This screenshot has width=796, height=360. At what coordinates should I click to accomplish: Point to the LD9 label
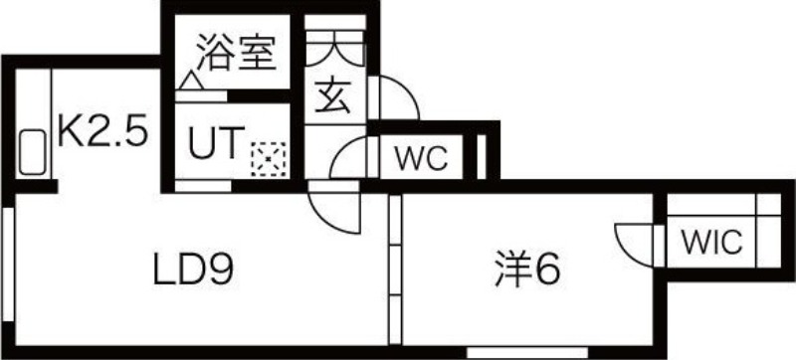pos(198,268)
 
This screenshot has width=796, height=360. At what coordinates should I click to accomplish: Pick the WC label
pos(423,157)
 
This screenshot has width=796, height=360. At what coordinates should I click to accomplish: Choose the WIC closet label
pos(710,242)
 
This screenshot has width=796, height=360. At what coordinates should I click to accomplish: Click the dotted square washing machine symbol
pos(268,156)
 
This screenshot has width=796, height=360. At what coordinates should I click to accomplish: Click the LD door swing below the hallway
pos(331,206)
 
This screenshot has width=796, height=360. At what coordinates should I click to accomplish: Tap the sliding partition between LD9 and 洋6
pos(395,269)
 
